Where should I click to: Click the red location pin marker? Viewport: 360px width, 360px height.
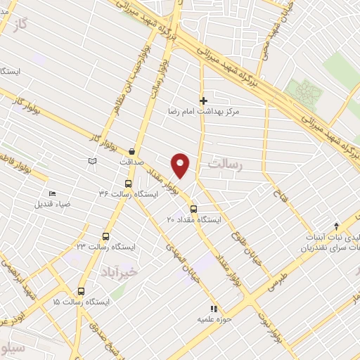[181, 165]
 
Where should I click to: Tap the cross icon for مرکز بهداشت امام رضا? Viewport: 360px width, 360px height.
[204, 101]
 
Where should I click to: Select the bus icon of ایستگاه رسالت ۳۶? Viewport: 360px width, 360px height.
[127, 181]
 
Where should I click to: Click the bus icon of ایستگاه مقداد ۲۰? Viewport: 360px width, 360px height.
[194, 208]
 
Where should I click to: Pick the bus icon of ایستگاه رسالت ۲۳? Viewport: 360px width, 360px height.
[106, 236]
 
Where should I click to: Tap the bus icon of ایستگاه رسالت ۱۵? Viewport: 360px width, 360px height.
[81, 291]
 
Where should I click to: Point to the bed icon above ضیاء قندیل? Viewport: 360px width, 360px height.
[51, 193]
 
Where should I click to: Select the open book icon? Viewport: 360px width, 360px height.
[91, 162]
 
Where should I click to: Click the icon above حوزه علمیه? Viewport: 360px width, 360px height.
[214, 308]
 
